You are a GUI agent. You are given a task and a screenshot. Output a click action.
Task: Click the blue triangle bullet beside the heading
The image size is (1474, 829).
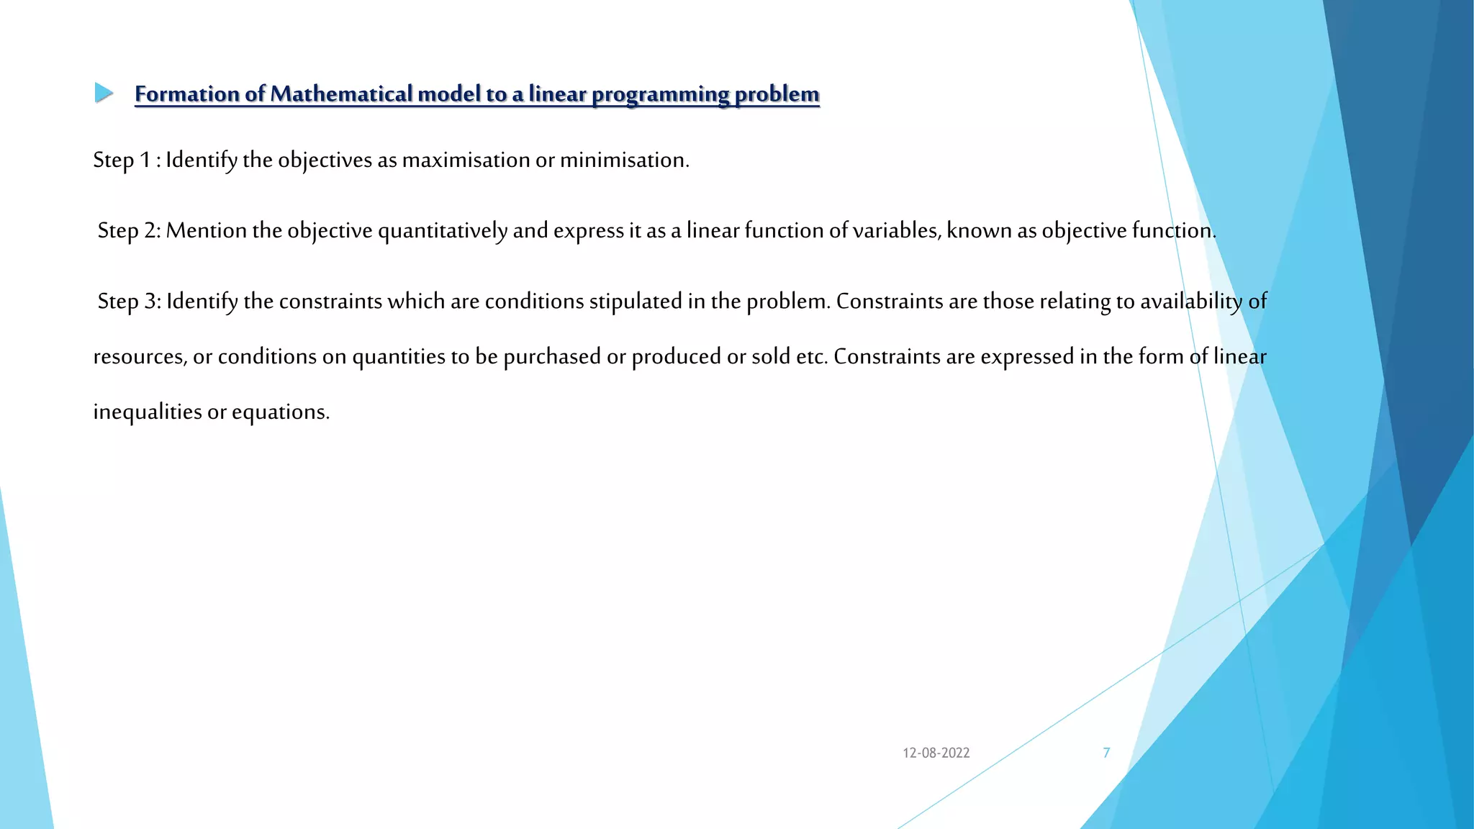tap(104, 93)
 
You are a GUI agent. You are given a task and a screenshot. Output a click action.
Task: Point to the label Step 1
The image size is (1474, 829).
tap(121, 160)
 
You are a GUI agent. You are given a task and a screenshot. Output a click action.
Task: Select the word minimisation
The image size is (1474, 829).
tap(623, 160)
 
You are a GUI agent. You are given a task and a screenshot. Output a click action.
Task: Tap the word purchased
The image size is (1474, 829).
tap(552, 357)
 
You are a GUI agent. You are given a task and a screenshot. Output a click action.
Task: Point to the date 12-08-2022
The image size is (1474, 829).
tap(936, 753)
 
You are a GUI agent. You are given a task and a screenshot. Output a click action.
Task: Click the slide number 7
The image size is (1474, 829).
tap(1106, 753)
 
